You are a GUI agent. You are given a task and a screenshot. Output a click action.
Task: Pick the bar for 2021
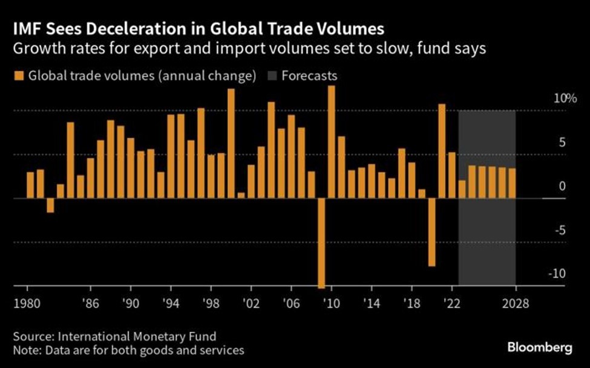[442, 151]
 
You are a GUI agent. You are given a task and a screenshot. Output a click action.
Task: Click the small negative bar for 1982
[50, 205]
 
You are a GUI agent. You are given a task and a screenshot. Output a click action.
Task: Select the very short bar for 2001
[241, 195]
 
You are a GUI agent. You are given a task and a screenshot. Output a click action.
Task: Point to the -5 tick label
[559, 230]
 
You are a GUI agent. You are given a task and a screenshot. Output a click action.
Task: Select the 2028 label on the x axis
[516, 303]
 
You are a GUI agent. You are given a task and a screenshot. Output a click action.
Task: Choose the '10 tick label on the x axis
[332, 303]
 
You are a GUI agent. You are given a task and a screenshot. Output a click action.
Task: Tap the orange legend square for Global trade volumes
[18, 77]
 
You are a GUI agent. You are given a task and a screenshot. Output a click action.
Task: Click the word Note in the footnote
[24, 350]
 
